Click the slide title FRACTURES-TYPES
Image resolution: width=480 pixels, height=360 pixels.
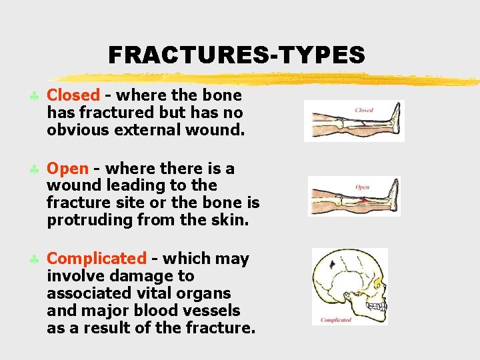click(237, 55)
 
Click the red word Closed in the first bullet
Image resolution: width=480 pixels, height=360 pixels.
click(73, 96)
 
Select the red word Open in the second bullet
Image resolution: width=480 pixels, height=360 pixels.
click(67, 168)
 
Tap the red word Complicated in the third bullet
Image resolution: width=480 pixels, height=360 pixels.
click(97, 259)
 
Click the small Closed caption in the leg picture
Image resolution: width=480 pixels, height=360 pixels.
click(364, 110)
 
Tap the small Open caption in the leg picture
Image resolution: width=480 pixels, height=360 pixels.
click(362, 187)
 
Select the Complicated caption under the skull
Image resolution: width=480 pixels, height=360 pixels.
click(336, 320)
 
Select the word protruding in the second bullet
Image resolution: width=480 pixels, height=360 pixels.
click(84, 220)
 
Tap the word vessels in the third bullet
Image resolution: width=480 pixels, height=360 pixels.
click(210, 311)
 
